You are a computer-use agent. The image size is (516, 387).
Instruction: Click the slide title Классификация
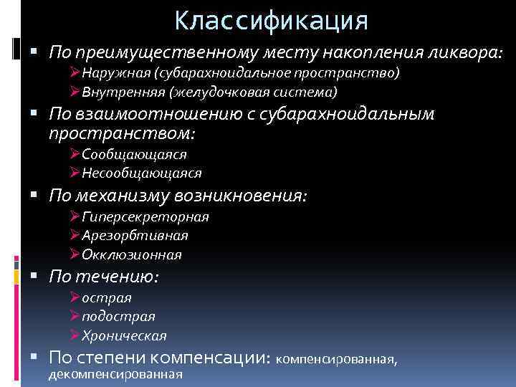pos(271,19)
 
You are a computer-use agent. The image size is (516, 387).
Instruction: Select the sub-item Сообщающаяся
pos(134,154)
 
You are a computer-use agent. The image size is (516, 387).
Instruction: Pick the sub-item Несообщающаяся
pos(141,173)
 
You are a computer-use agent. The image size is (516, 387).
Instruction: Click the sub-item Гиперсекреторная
pos(145,217)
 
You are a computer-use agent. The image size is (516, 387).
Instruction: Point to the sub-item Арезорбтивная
pos(135,236)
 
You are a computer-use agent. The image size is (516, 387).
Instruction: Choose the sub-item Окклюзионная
pos(131,254)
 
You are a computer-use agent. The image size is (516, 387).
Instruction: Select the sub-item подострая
pos(118,316)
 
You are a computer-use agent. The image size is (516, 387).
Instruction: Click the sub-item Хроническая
pos(124,335)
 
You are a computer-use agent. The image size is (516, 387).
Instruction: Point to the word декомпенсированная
pos(115,373)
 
